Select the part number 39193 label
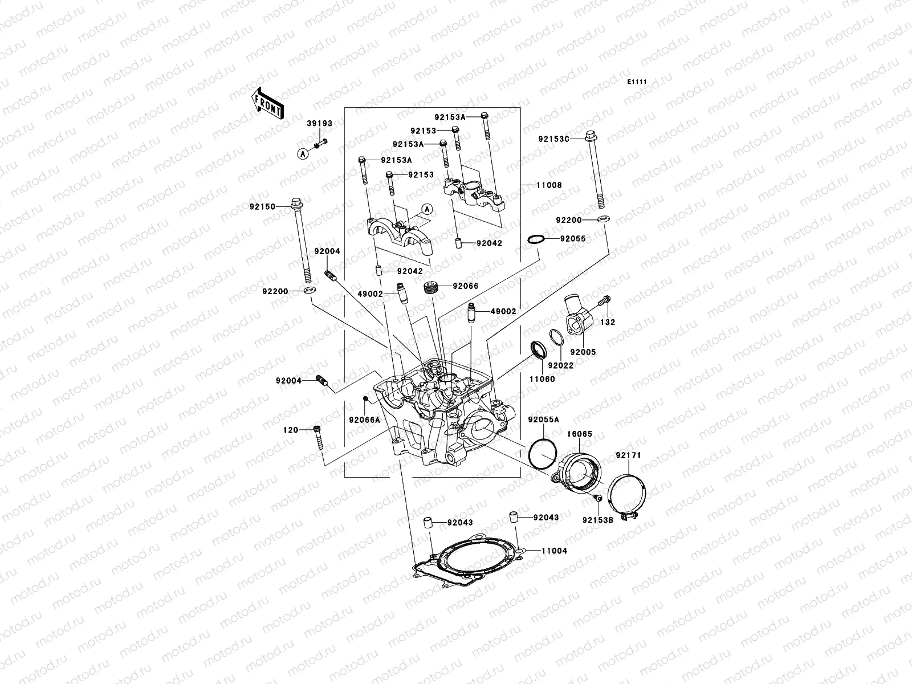coord(320,123)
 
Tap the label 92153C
coord(553,139)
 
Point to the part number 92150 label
coord(262,207)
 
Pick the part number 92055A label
coord(543,419)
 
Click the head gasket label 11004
coord(554,551)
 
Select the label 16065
coord(579,434)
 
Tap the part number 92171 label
coord(628,455)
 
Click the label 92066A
coord(364,420)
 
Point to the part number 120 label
coord(291,430)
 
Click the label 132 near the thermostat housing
coord(607,322)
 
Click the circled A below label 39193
coord(303,153)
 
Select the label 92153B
coord(597,520)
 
